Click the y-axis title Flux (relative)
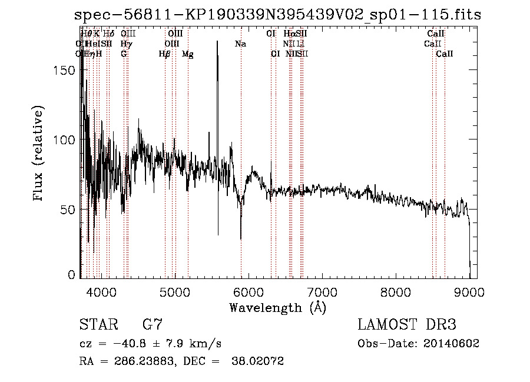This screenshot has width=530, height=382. coord(39,154)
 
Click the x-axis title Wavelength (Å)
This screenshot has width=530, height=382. coord(277,307)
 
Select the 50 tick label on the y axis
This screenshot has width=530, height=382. coord(69,210)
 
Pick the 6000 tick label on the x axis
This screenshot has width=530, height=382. coord(249,291)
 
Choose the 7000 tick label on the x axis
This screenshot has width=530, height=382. coord(322,291)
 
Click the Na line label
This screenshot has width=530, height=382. coord(240,44)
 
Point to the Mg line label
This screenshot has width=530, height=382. coord(187,54)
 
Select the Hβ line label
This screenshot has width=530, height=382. coord(164,54)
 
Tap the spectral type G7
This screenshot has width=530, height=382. coord(152,325)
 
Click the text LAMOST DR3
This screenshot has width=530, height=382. coord(406,325)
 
